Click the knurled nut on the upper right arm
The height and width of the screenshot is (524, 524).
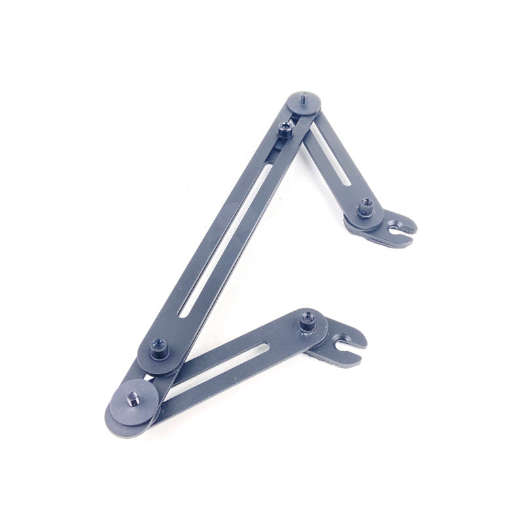click(x=365, y=210)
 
